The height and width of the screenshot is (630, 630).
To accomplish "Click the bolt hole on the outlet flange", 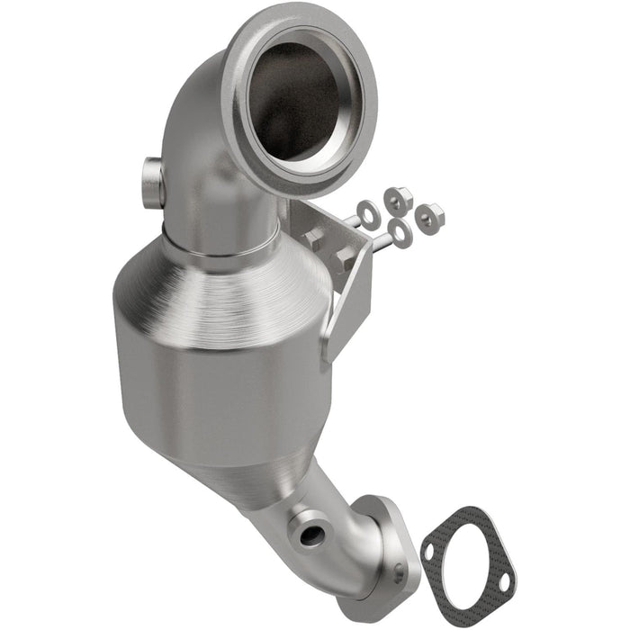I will pyautogui.click(x=398, y=569).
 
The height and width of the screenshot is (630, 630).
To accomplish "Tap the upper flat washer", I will pyautogui.click(x=367, y=212).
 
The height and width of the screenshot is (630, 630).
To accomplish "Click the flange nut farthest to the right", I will pyautogui.click(x=430, y=213).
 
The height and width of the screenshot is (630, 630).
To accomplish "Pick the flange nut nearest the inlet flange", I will pyautogui.click(x=396, y=196).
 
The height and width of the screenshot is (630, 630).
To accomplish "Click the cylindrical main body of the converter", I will pyautogui.click(x=225, y=378).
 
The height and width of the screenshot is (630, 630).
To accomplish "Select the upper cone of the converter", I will pyautogui.click(x=225, y=279).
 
